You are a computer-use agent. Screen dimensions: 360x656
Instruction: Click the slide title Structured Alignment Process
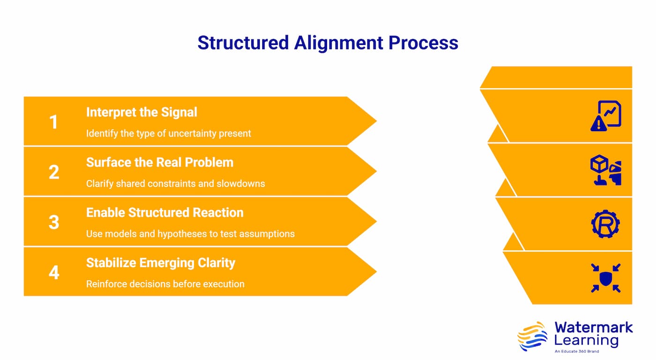pyautogui.click(x=328, y=43)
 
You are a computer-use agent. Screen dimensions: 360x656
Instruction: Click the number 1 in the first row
pyautogui.click(x=54, y=122)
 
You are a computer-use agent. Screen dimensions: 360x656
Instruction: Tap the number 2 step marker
pyautogui.click(x=54, y=172)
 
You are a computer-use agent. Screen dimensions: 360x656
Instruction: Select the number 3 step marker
pyautogui.click(x=54, y=222)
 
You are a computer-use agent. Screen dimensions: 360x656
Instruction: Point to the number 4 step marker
pyautogui.click(x=54, y=272)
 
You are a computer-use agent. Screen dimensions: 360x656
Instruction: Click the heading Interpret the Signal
pyautogui.click(x=142, y=112)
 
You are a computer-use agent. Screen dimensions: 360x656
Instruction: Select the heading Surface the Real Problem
pyautogui.click(x=159, y=163)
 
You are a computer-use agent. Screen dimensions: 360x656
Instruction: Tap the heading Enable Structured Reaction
pyautogui.click(x=164, y=213)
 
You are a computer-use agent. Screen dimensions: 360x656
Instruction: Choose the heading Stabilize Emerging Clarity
pyautogui.click(x=160, y=263)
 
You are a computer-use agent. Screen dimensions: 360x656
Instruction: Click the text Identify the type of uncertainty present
pyautogui.click(x=168, y=134)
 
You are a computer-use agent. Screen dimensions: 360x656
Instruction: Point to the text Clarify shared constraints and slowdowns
pyautogui.click(x=175, y=184)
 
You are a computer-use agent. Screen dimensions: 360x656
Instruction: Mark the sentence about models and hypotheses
pyautogui.click(x=190, y=234)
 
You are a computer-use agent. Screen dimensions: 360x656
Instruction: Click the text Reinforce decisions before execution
pyautogui.click(x=165, y=284)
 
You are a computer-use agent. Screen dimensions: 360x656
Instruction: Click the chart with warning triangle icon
pyautogui.click(x=605, y=116)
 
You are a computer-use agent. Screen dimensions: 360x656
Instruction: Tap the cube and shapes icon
pyautogui.click(x=605, y=171)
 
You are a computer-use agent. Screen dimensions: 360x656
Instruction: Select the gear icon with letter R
pyautogui.click(x=605, y=225)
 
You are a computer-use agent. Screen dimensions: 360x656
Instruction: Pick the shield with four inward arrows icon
pyautogui.click(x=605, y=278)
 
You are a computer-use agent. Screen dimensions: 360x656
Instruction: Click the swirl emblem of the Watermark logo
pyautogui.click(x=533, y=336)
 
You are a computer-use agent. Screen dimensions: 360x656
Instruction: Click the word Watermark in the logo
pyautogui.click(x=593, y=327)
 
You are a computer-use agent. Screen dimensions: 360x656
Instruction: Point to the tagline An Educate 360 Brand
pyautogui.click(x=576, y=351)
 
